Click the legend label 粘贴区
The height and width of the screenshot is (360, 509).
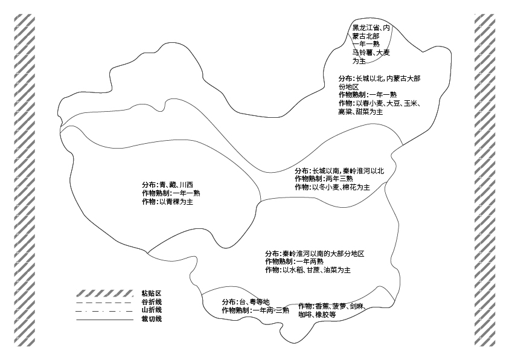click(152, 294)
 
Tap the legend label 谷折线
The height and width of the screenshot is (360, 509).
click(152, 302)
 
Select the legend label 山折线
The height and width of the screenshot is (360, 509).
click(152, 310)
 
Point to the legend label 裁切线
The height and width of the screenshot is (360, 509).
click(152, 319)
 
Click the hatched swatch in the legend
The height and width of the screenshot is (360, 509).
click(105, 294)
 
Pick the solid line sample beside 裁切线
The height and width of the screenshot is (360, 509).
click(105, 320)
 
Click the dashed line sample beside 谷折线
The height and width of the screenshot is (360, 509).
click(104, 303)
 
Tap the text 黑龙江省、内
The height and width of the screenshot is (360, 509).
click(371, 28)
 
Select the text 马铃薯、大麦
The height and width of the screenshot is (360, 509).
click(371, 53)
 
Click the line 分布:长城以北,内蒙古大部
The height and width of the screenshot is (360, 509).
click(379, 79)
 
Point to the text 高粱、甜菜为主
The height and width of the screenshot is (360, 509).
click(360, 112)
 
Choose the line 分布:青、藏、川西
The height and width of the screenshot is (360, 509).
click(167, 185)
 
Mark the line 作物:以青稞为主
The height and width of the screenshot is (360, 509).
click(167, 202)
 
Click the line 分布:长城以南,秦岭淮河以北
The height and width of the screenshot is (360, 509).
click(339, 171)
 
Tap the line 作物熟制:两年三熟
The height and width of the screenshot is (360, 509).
click(324, 179)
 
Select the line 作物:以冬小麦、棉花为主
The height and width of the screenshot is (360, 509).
click(332, 187)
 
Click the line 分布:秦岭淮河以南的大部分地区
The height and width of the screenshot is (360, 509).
click(315, 254)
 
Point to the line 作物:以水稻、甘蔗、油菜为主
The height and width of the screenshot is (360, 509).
click(308, 270)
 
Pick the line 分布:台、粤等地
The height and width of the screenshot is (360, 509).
click(246, 302)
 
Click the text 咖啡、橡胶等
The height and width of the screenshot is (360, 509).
click(317, 315)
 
